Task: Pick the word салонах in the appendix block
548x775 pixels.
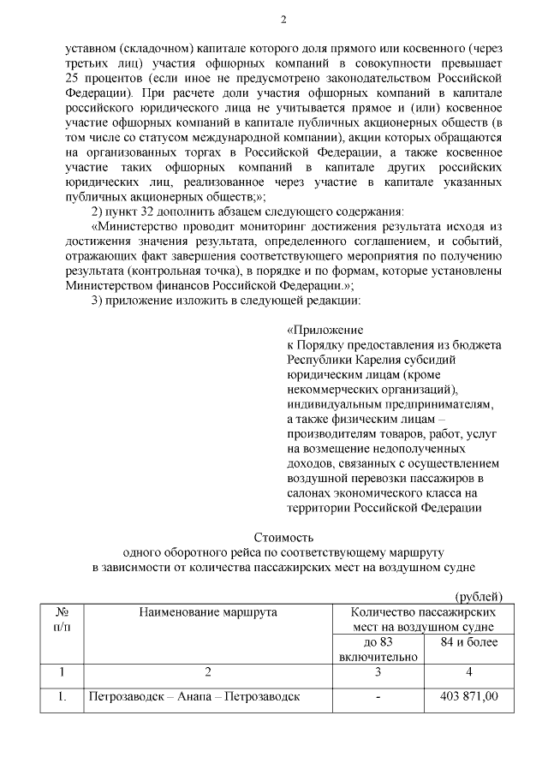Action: (312, 493)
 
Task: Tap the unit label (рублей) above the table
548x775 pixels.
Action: (478, 596)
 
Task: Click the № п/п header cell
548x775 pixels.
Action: (62, 620)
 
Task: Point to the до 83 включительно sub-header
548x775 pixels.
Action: (378, 649)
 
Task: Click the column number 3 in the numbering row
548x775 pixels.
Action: (378, 671)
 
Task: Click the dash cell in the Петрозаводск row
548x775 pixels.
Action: (378, 697)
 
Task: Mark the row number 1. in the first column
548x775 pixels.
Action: (62, 697)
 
